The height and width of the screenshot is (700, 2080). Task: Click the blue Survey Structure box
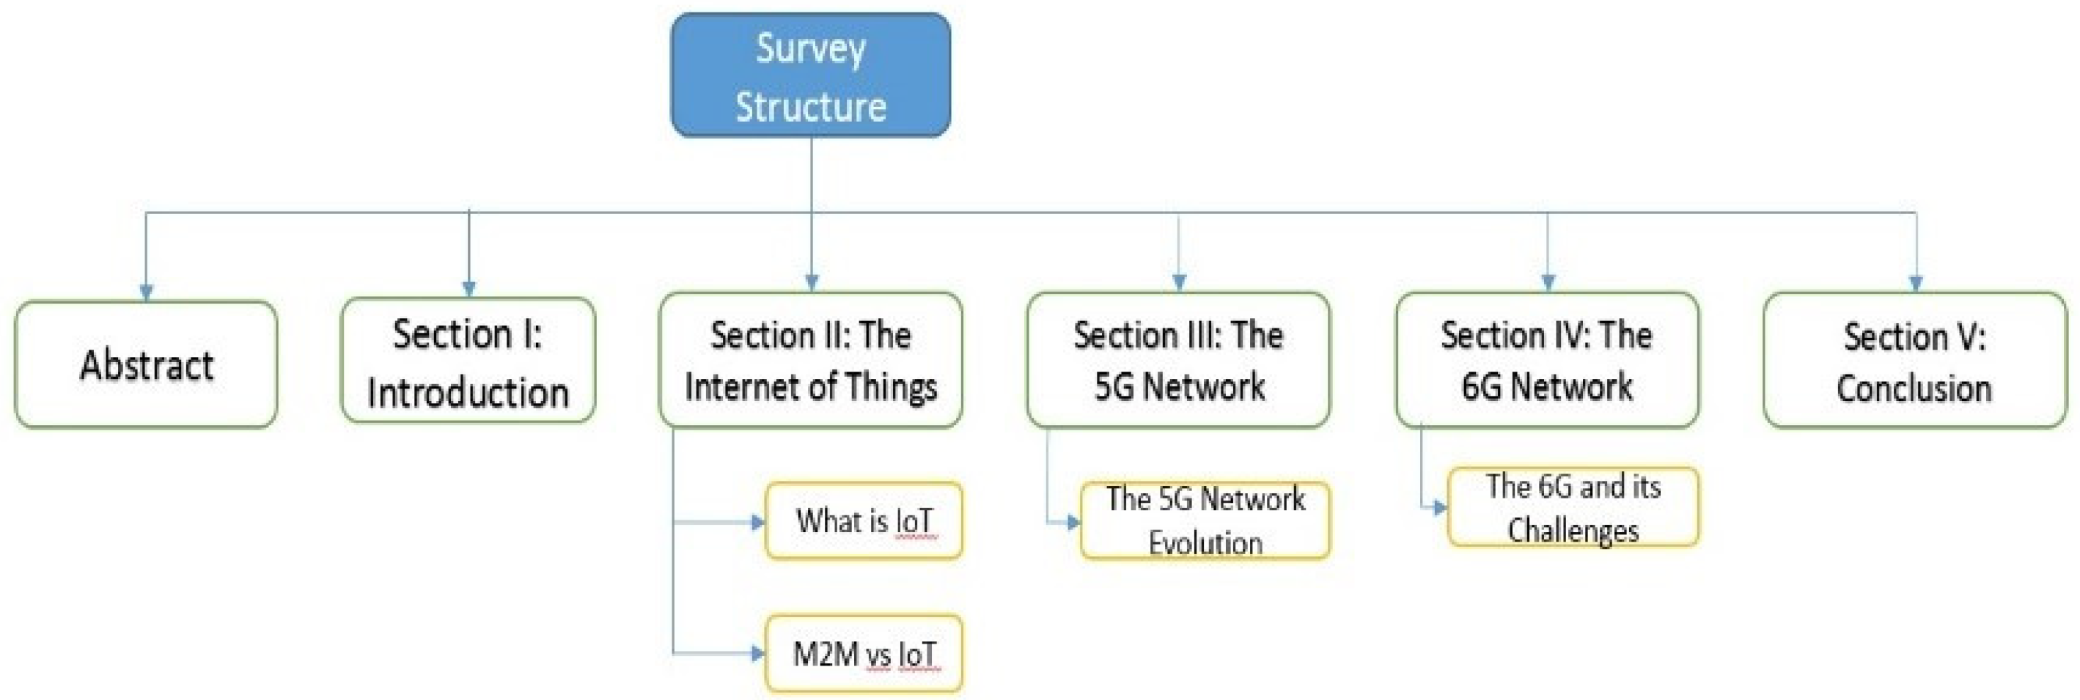pos(811,75)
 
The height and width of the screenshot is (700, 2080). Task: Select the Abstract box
pos(146,364)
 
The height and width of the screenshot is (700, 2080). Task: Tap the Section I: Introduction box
pos(468,361)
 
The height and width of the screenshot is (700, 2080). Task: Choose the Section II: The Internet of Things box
pos(811,360)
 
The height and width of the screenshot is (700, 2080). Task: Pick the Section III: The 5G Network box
pos(1178,360)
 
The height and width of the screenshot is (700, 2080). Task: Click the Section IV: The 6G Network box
pos(1547,360)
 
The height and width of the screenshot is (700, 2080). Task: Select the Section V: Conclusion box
pos(1914,361)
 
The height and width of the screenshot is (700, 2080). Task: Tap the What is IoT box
pos(863,520)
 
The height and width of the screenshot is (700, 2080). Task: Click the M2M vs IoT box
pos(863,653)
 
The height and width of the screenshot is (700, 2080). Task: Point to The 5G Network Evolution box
pos(1205,520)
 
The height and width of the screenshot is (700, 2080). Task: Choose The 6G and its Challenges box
pos(1573,507)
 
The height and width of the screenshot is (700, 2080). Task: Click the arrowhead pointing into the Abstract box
pos(146,292)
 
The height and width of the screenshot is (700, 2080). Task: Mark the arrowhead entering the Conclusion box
pos(1915,284)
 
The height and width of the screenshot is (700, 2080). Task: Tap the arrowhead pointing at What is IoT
pos(757,523)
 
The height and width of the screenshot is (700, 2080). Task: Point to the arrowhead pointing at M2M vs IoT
pos(757,653)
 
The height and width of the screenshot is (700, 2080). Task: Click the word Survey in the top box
pos(811,48)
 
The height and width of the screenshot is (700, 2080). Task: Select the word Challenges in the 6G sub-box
pos(1573,531)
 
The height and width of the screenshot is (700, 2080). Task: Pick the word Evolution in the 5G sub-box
pos(1205,542)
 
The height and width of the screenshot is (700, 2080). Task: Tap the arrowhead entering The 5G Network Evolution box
pos(1073,523)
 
